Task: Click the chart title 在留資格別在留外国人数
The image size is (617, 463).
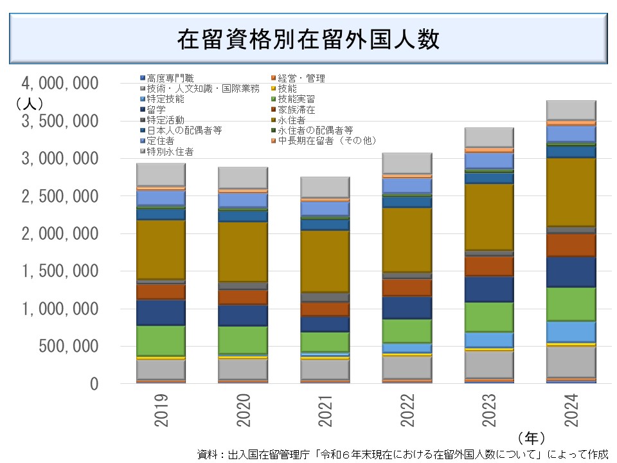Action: point(308,39)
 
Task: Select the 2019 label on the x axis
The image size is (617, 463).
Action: point(162,412)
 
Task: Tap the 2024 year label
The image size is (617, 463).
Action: point(571,412)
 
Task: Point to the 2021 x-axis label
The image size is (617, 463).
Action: point(326,412)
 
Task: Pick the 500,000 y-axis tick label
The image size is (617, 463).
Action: point(68,347)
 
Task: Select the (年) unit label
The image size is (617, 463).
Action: point(531,438)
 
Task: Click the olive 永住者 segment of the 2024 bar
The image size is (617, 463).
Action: point(571,192)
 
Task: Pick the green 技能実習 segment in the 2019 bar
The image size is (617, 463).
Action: point(162,340)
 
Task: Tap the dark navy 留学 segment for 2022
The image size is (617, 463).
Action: point(407,307)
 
